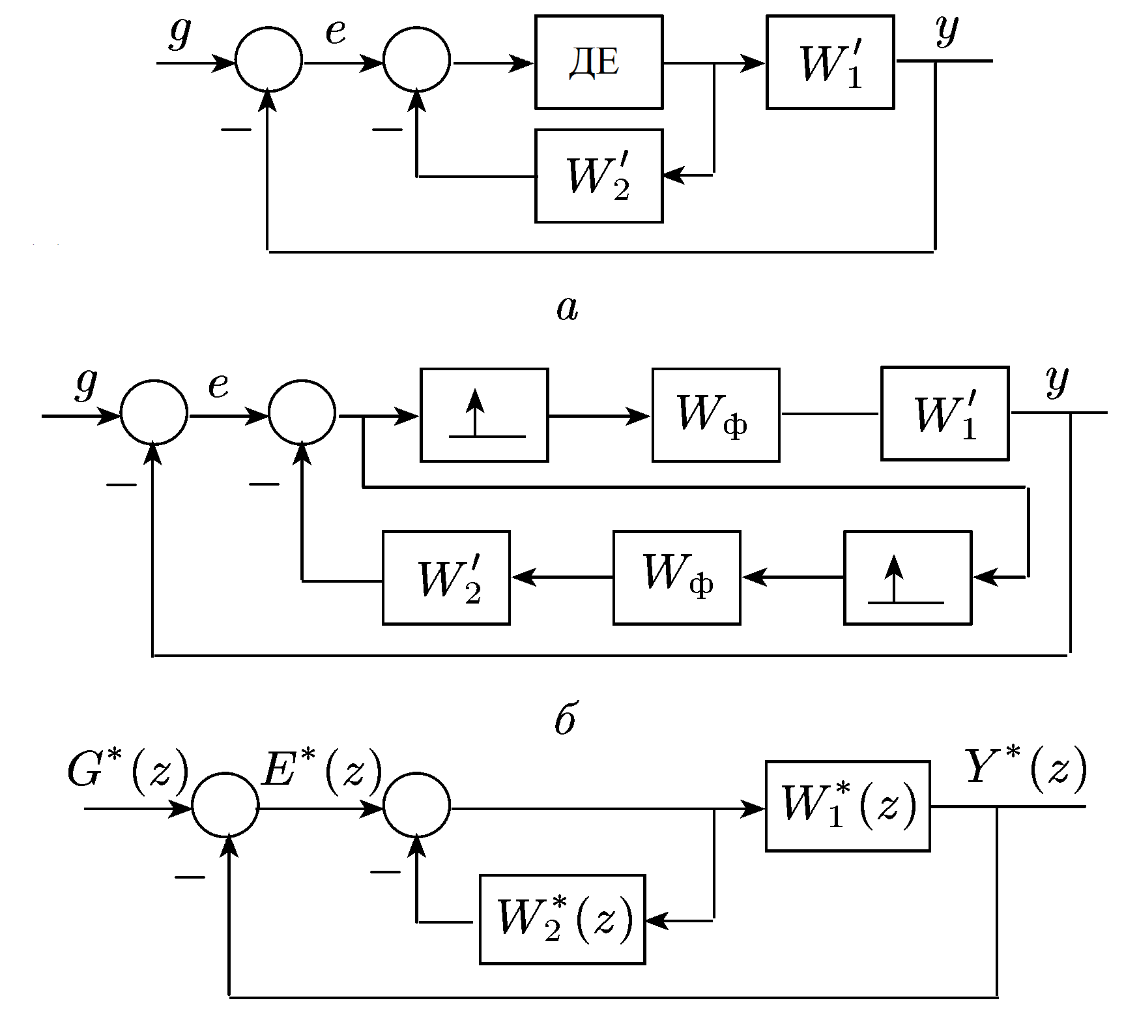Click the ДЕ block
[599, 63]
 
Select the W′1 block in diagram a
[829, 63]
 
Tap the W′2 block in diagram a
[599, 176]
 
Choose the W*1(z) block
[847, 806]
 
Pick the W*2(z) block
[562, 919]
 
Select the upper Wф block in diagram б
[715, 415]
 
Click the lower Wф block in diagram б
[676, 577]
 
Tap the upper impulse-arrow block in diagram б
[484, 415]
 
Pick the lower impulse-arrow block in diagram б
[907, 577]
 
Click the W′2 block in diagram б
[446, 577]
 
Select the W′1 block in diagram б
[945, 414]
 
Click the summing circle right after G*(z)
[225, 808]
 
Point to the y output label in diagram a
[945, 30]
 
